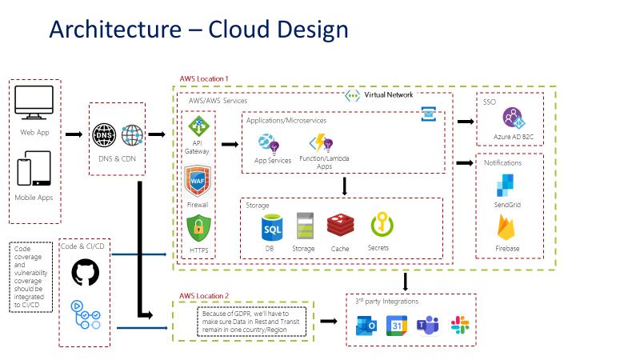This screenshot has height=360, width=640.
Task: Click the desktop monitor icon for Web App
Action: tap(34, 104)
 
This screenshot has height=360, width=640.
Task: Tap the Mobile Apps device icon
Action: tap(34, 170)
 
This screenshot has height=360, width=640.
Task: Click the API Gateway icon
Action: tap(197, 126)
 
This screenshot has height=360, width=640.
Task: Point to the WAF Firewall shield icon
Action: tap(197, 182)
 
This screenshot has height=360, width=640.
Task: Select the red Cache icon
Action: tap(340, 226)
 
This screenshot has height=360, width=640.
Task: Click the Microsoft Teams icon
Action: tap(427, 325)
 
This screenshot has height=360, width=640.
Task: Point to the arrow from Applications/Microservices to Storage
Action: tap(344, 186)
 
